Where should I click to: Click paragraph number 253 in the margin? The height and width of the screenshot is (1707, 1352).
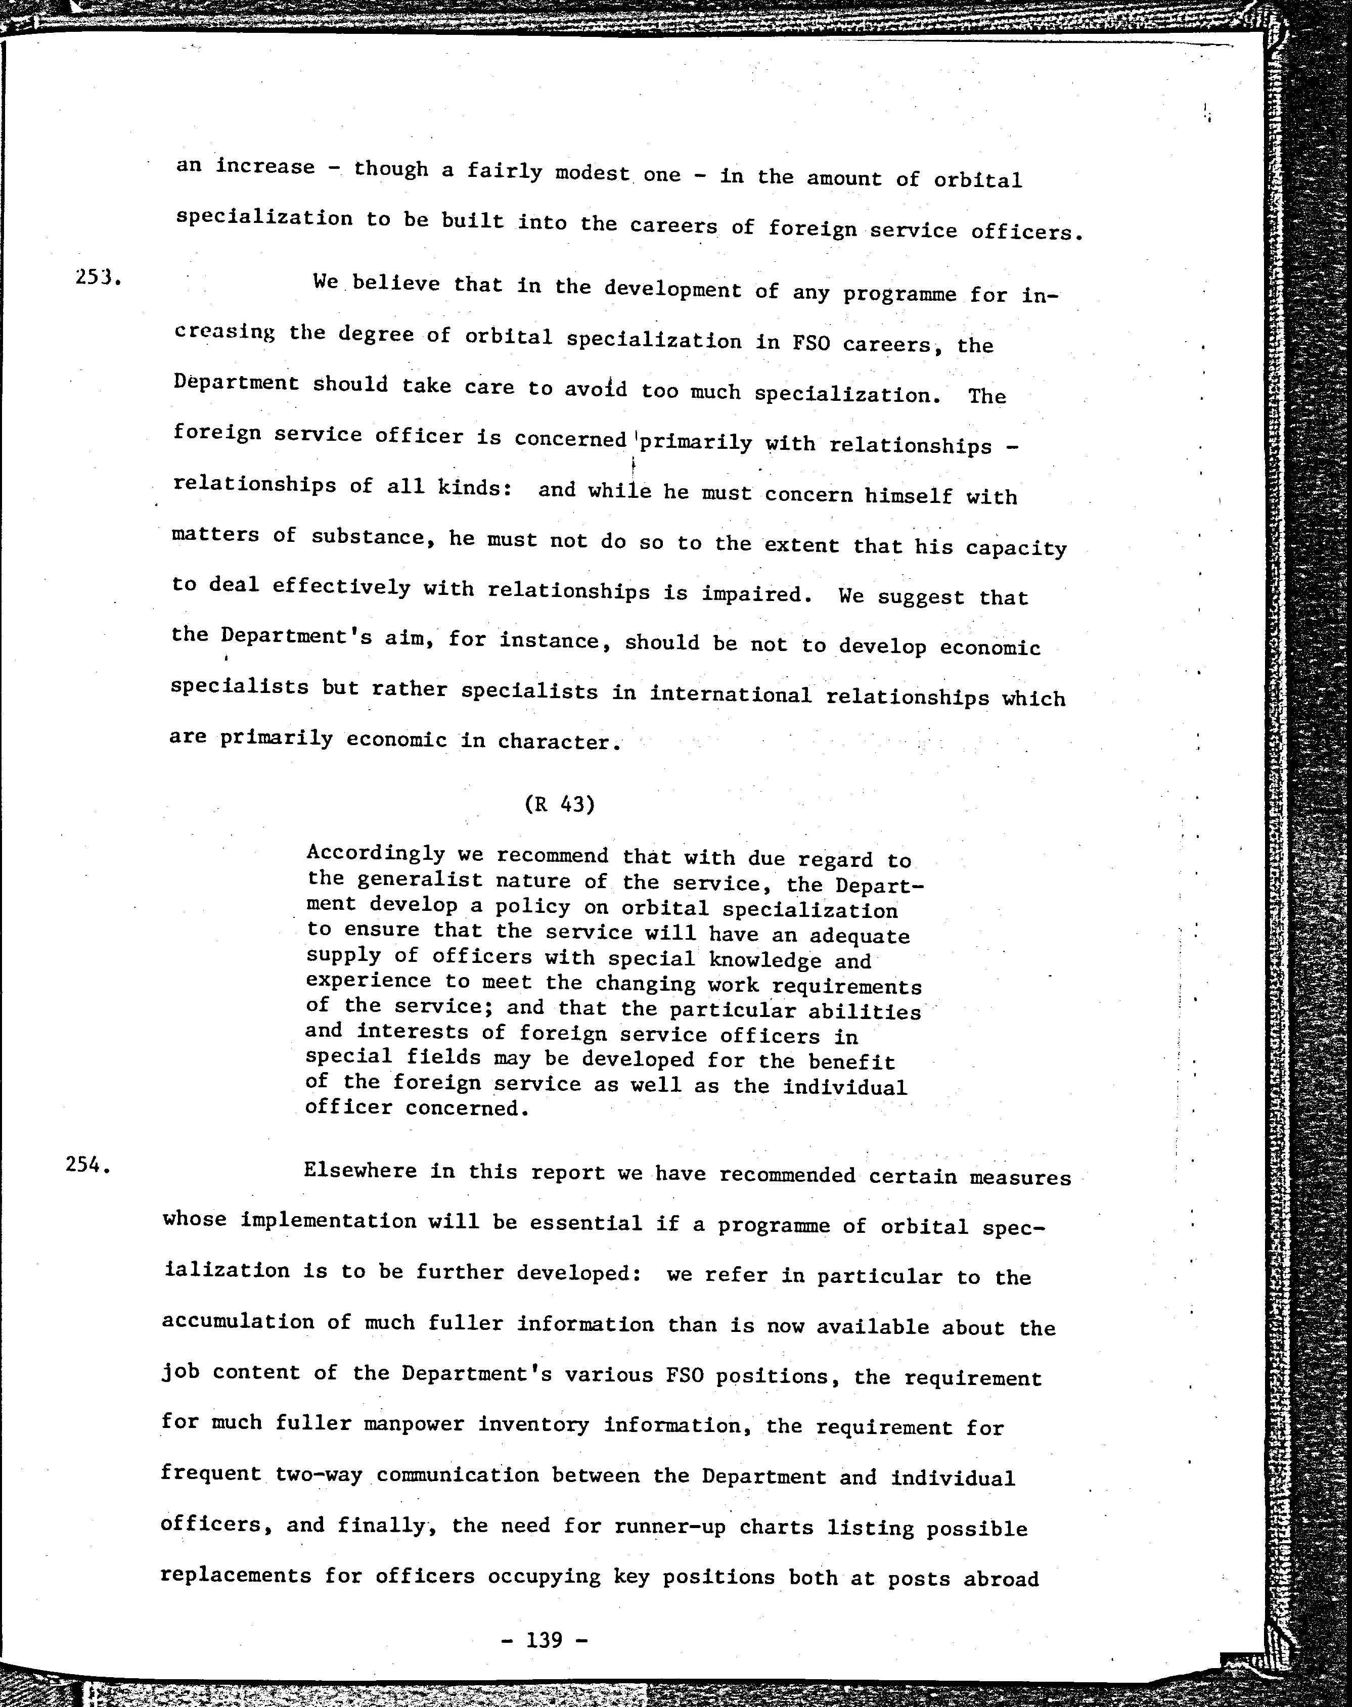97,278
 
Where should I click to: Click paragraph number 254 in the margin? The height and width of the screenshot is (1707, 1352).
87,1165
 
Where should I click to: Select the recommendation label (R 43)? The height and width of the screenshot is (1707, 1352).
559,804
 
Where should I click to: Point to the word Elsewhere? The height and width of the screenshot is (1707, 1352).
360,1171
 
